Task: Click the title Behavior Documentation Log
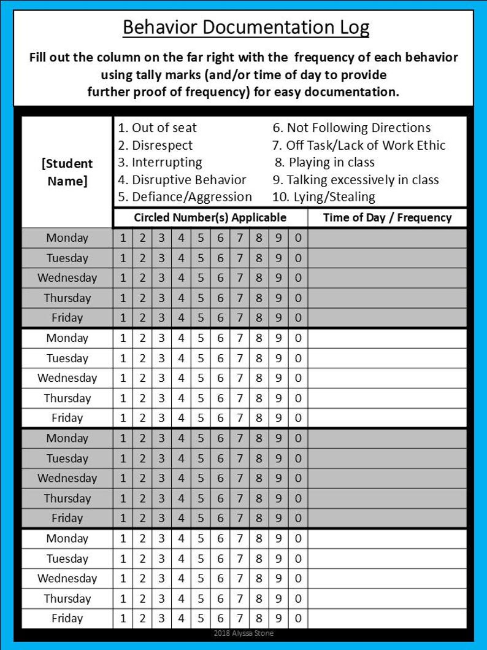[x=246, y=28]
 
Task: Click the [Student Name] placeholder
[x=67, y=172]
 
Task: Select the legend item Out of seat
[x=157, y=128]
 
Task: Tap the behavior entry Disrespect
[x=155, y=145]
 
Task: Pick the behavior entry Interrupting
[x=159, y=163]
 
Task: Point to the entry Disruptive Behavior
[x=182, y=180]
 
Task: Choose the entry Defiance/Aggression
[x=185, y=197]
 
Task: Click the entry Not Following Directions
[x=351, y=128]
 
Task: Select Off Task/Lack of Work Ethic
[x=359, y=145]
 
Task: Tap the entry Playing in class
[x=324, y=163]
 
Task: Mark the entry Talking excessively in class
[x=356, y=180]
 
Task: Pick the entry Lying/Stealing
[x=323, y=197]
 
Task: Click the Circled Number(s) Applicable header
[x=210, y=217]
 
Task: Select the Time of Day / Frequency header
[x=387, y=217]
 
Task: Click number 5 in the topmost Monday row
[x=200, y=238]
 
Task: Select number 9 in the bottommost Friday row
[x=278, y=618]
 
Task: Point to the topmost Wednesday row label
[x=67, y=277]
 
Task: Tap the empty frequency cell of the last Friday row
[x=387, y=618]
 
